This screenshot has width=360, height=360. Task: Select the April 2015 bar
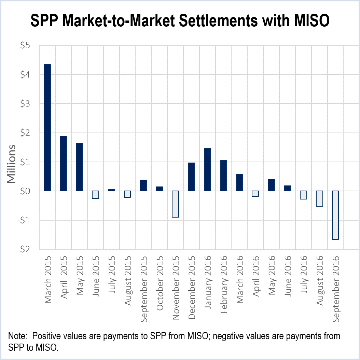pos(63,164)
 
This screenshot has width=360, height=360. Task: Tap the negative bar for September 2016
pos(335,215)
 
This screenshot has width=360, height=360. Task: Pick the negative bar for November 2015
pos(175,204)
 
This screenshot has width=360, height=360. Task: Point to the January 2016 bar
pos(207,169)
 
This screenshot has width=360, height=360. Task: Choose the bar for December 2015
pos(191,177)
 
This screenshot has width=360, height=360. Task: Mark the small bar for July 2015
pos(111,190)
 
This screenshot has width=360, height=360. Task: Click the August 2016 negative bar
pos(319,198)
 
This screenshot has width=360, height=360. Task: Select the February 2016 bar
pos(223,175)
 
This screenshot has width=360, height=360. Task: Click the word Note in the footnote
pos(17,336)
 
